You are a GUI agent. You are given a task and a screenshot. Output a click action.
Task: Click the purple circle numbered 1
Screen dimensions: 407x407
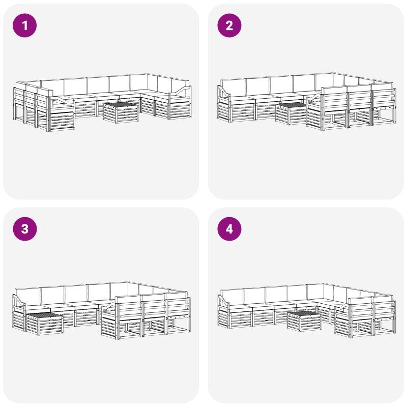24,25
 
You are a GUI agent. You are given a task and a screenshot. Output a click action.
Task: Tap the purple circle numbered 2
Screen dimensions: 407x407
229,25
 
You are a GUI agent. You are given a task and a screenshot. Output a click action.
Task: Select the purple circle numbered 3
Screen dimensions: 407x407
24,229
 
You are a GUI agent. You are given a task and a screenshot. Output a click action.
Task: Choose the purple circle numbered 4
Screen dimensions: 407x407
229,229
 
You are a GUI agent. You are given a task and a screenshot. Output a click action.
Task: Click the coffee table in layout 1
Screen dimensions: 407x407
121,112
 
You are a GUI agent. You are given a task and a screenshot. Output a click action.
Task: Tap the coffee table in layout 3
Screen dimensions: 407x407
45,324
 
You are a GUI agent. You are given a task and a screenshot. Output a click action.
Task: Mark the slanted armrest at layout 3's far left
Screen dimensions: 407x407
19,301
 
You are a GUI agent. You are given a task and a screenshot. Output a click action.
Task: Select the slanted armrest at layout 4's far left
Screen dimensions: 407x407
224,301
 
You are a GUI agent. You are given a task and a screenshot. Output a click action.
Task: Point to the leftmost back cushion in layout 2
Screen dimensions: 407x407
233,87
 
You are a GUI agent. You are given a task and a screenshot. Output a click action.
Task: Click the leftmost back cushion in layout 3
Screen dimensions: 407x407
28,296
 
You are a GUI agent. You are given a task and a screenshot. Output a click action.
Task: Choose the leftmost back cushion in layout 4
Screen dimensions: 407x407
233,297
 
